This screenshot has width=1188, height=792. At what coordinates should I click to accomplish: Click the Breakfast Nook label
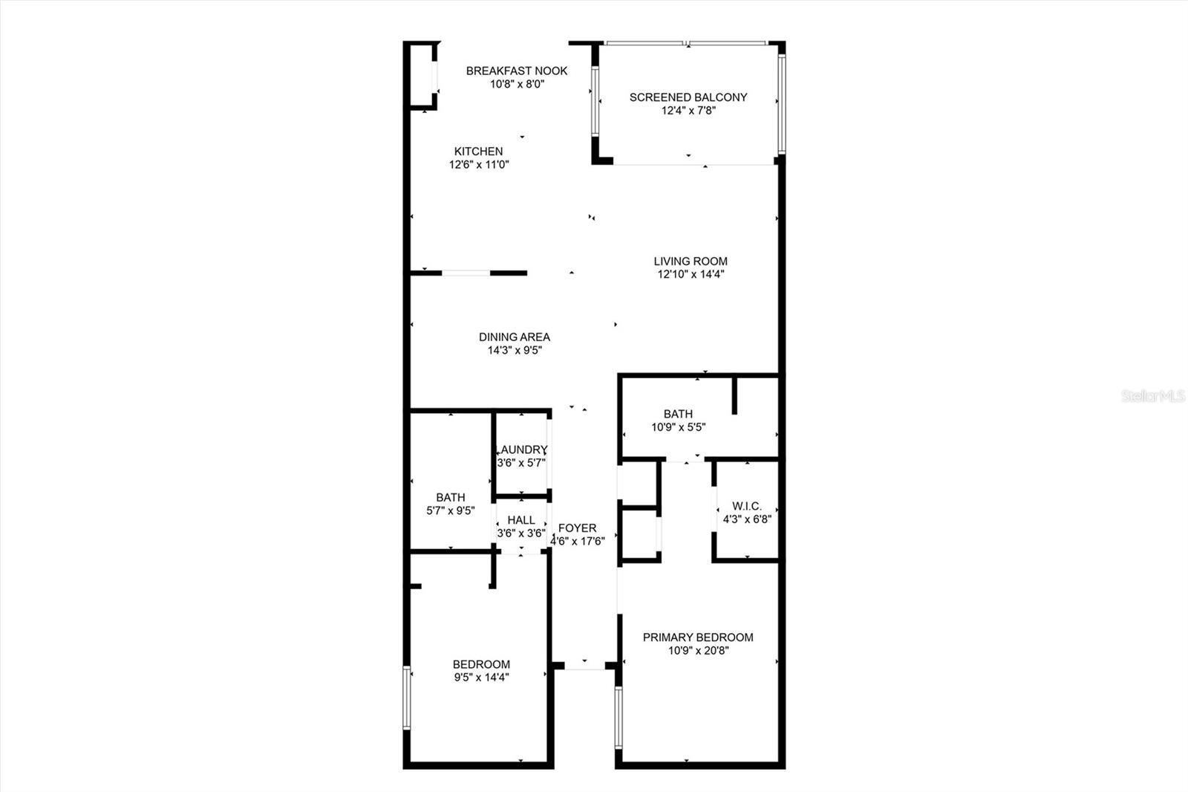(x=517, y=71)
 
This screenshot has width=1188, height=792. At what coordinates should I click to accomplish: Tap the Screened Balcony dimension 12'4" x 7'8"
(x=688, y=111)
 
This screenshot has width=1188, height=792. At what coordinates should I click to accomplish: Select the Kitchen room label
(x=479, y=151)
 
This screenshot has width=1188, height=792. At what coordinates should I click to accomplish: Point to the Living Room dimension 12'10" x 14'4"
(x=691, y=274)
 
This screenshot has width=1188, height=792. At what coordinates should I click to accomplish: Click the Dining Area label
(x=515, y=337)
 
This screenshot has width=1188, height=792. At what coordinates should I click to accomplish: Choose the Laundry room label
(x=523, y=449)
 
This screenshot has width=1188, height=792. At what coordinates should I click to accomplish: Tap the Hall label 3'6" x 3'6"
(x=521, y=526)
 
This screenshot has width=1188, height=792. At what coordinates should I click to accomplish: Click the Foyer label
(x=578, y=528)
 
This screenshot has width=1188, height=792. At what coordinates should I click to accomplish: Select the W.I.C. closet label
(x=747, y=506)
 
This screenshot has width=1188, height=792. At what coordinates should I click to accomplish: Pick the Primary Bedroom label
(x=698, y=637)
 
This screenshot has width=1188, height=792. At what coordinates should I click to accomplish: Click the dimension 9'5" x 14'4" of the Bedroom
(x=481, y=678)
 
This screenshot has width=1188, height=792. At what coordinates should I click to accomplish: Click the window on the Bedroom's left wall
(x=407, y=698)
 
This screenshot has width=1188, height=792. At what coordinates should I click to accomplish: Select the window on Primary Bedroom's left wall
(x=619, y=716)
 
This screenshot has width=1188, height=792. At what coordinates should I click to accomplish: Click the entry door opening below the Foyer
(x=584, y=666)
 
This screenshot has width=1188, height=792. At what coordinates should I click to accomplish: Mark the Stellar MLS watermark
(x=1153, y=396)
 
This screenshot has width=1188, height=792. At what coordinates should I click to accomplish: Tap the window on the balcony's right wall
(x=781, y=104)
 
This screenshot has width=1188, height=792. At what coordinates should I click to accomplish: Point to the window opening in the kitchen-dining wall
(x=466, y=273)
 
